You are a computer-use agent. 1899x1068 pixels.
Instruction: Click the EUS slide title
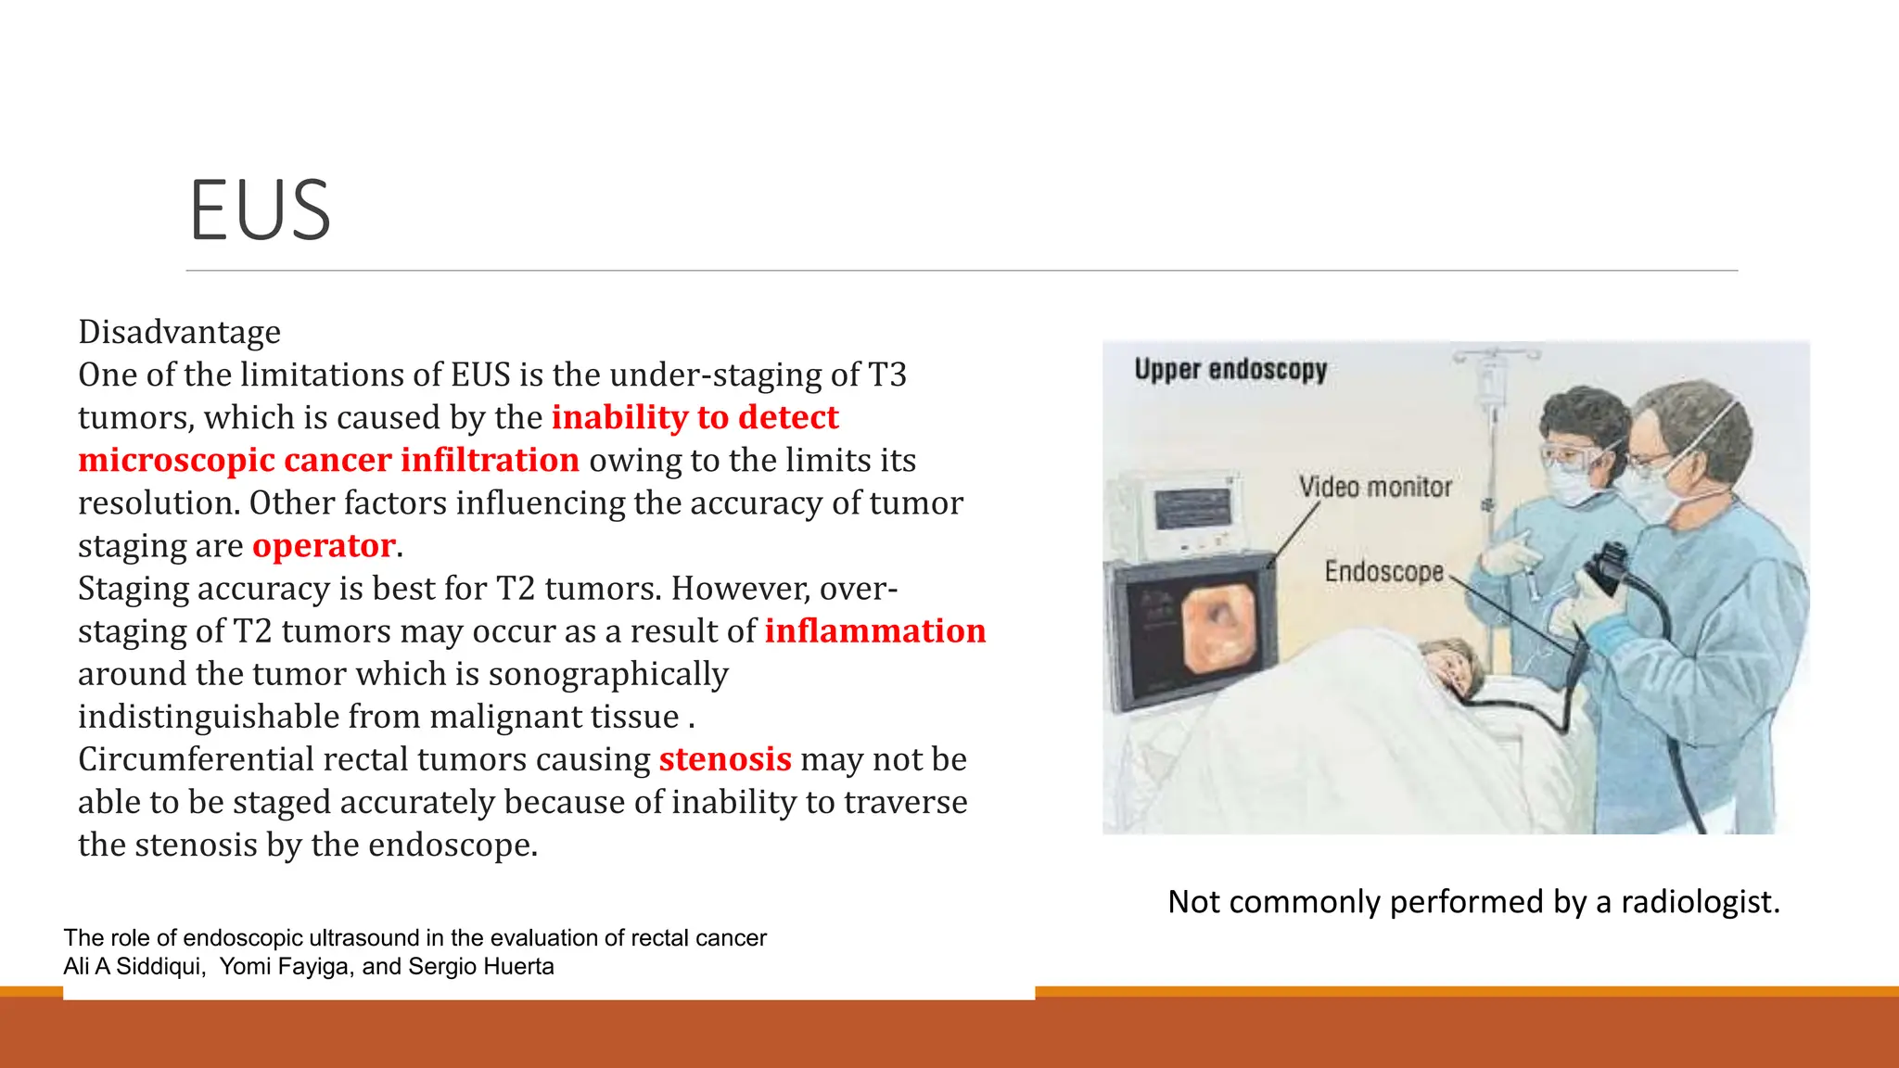click(260, 210)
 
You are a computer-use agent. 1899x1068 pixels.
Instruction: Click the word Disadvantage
click(179, 332)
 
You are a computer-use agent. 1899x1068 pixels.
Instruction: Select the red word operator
click(324, 546)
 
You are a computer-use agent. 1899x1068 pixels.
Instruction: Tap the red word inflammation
click(874, 631)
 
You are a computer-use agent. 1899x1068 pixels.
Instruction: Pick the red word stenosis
click(725, 759)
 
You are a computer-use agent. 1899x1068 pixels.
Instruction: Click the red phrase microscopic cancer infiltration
click(328, 461)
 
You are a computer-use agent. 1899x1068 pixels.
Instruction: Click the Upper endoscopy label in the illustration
click(1230, 370)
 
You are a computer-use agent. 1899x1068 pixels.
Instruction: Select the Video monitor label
click(1374, 487)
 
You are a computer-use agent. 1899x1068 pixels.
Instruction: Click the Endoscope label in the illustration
click(1383, 571)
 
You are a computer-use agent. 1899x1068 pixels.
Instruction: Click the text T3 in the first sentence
click(886, 375)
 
